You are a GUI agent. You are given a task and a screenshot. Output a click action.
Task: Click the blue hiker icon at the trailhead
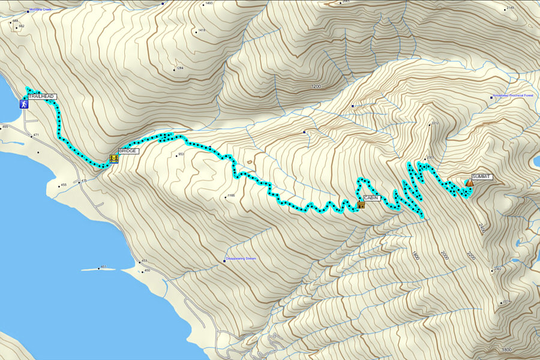24,104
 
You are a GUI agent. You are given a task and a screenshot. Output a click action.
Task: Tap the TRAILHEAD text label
41,96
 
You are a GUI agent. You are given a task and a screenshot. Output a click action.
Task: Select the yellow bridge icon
113,158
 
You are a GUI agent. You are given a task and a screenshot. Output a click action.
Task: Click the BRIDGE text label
128,151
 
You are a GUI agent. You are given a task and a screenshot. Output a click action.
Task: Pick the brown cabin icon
361,205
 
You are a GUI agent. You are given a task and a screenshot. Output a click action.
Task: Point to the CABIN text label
372,197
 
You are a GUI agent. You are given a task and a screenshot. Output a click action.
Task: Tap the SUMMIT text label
482,177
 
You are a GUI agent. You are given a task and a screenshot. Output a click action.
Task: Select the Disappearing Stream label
241,259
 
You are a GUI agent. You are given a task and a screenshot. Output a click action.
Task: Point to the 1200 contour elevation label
316,87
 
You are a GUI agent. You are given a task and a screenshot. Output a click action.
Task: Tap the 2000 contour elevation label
445,254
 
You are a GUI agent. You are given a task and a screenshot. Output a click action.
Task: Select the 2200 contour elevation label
470,257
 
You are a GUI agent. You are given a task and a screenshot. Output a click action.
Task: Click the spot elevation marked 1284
179,68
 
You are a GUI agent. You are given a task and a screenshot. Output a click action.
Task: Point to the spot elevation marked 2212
434,124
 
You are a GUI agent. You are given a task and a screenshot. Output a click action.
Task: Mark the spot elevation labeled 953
180,155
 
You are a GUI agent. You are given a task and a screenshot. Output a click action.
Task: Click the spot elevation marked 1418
201,31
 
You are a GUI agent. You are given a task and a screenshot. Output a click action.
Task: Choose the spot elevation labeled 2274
506,301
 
